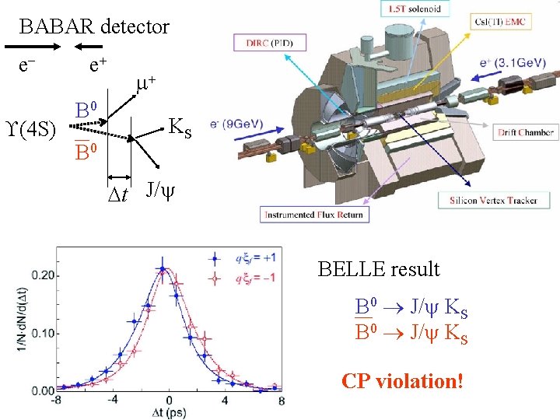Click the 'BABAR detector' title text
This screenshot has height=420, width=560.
point(94,27)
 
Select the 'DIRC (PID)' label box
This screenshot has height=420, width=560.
point(271,43)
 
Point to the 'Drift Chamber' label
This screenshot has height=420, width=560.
point(526,133)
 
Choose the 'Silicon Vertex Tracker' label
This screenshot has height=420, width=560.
point(493,200)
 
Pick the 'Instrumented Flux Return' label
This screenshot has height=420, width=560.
point(313,215)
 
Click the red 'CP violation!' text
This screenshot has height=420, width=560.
point(402,381)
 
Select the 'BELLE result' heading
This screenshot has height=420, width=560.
point(379,269)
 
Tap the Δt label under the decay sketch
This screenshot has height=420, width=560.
point(118,191)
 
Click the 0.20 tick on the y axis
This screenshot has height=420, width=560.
point(44,275)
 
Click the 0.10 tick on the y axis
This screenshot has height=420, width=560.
point(44,333)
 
